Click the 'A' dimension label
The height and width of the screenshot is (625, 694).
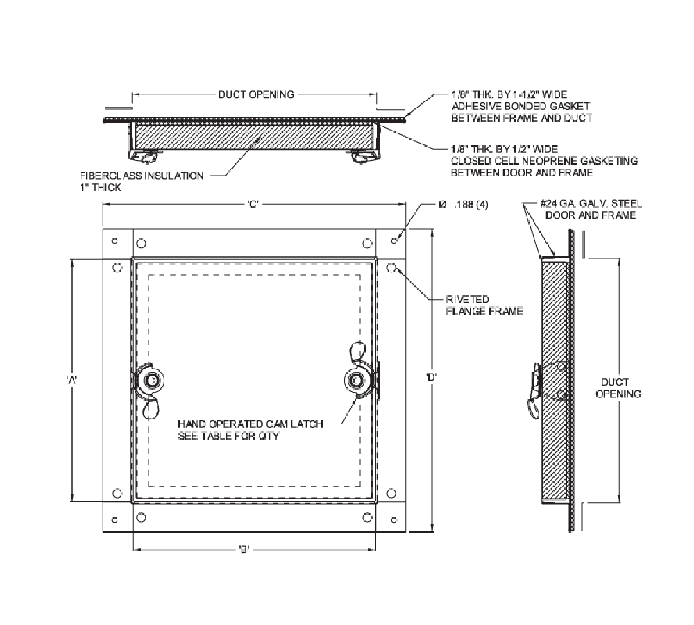click(x=71, y=380)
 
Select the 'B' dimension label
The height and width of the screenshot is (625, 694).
click(x=243, y=549)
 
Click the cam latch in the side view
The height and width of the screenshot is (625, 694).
click(x=536, y=389)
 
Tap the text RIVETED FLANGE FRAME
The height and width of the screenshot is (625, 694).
click(x=484, y=306)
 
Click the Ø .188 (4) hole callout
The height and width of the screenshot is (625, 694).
click(x=461, y=206)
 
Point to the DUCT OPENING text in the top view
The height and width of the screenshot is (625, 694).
click(x=256, y=94)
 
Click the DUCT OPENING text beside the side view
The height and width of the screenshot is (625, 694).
click(x=615, y=387)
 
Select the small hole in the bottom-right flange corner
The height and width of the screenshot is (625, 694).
click(x=394, y=519)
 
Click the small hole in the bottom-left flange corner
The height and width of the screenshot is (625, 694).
click(x=115, y=519)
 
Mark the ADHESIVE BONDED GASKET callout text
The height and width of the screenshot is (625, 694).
click(x=520, y=106)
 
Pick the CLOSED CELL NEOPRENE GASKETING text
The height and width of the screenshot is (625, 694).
click(x=544, y=160)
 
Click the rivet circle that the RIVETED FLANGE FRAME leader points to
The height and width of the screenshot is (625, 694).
click(x=391, y=267)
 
